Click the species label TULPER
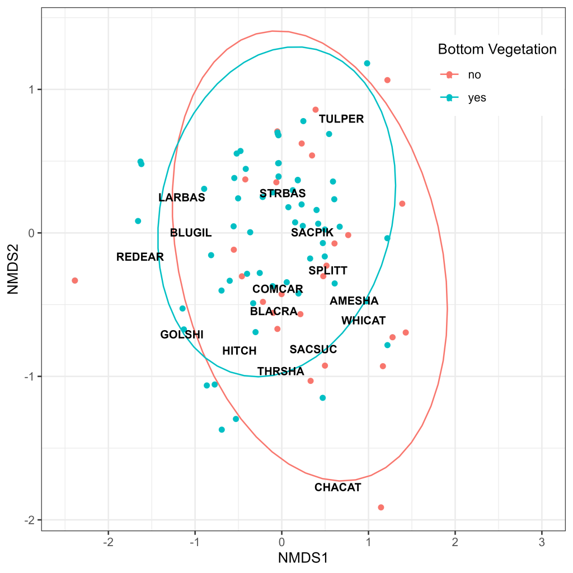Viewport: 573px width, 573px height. tap(341, 119)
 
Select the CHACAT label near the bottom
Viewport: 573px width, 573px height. tap(337, 487)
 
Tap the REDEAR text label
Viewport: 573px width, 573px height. tap(140, 257)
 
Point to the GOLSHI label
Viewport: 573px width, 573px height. tap(182, 335)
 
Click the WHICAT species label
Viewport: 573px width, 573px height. tap(364, 321)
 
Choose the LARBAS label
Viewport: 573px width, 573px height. tap(182, 198)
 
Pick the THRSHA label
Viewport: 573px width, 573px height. tap(281, 372)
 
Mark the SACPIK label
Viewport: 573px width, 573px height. tap(312, 232)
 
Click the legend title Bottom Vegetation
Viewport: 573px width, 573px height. tap(497, 49)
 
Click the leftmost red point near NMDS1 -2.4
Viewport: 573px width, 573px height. tap(75, 280)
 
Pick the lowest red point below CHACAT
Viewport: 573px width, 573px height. tap(381, 508)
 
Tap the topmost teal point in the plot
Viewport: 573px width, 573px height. tap(367, 63)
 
